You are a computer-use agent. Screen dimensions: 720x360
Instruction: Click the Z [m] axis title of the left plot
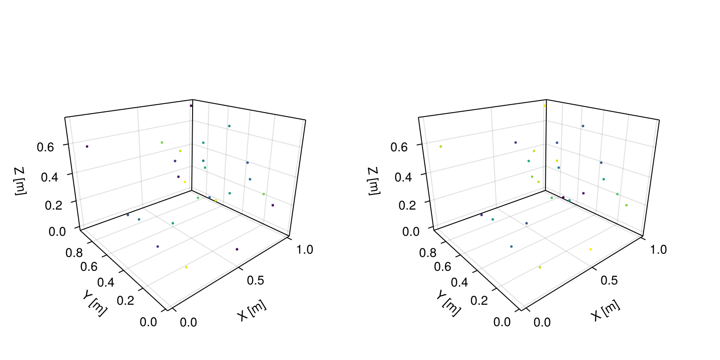20,181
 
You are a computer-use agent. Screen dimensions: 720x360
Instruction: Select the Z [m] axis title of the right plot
374,181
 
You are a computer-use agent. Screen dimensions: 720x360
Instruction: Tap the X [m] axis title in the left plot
252,310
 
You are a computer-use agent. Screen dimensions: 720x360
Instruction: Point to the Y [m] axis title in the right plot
448,303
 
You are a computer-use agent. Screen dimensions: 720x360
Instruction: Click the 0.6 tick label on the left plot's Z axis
45,147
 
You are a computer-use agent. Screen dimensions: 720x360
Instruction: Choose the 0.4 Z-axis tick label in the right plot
403,177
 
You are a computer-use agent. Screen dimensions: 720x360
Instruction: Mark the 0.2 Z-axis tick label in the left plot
54,205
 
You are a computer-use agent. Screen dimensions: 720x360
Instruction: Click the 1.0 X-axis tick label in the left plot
304,249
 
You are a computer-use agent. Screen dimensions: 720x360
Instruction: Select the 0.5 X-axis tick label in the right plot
609,281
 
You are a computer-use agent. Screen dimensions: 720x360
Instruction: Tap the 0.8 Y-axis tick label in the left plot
74,252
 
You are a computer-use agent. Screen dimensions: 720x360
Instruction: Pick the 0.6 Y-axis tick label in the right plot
443,267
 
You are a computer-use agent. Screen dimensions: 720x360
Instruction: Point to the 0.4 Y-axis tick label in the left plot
106,283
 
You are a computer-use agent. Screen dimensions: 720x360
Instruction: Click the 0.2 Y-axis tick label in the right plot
479,301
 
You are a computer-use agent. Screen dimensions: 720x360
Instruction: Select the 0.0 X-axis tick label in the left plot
189,322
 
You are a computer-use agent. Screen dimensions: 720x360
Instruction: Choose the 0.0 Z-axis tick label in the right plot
411,231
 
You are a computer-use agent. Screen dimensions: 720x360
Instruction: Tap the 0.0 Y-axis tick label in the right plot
502,322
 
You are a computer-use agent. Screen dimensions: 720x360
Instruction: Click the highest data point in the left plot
191,106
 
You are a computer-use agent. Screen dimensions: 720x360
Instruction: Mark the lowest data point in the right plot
540,267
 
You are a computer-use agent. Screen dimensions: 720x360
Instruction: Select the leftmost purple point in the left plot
87,147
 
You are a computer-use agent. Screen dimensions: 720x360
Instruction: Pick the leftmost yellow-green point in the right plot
441,147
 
